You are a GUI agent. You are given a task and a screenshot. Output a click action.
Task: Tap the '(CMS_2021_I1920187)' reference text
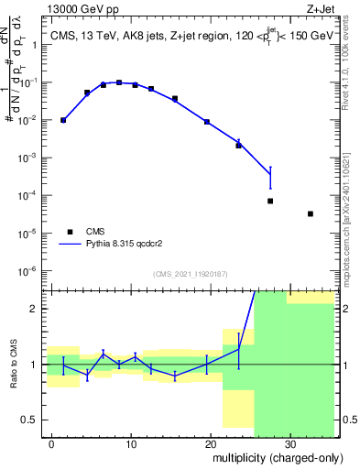tap(190, 273)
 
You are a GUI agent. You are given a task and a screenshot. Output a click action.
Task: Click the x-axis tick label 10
tap(131, 443)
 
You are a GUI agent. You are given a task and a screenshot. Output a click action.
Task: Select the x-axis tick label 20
tap(211, 443)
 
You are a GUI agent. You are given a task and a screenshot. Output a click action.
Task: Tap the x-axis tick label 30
tap(289, 443)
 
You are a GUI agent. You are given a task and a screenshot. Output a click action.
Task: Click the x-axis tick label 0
tap(52, 443)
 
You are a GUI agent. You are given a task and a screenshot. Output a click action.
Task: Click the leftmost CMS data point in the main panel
tap(63, 120)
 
